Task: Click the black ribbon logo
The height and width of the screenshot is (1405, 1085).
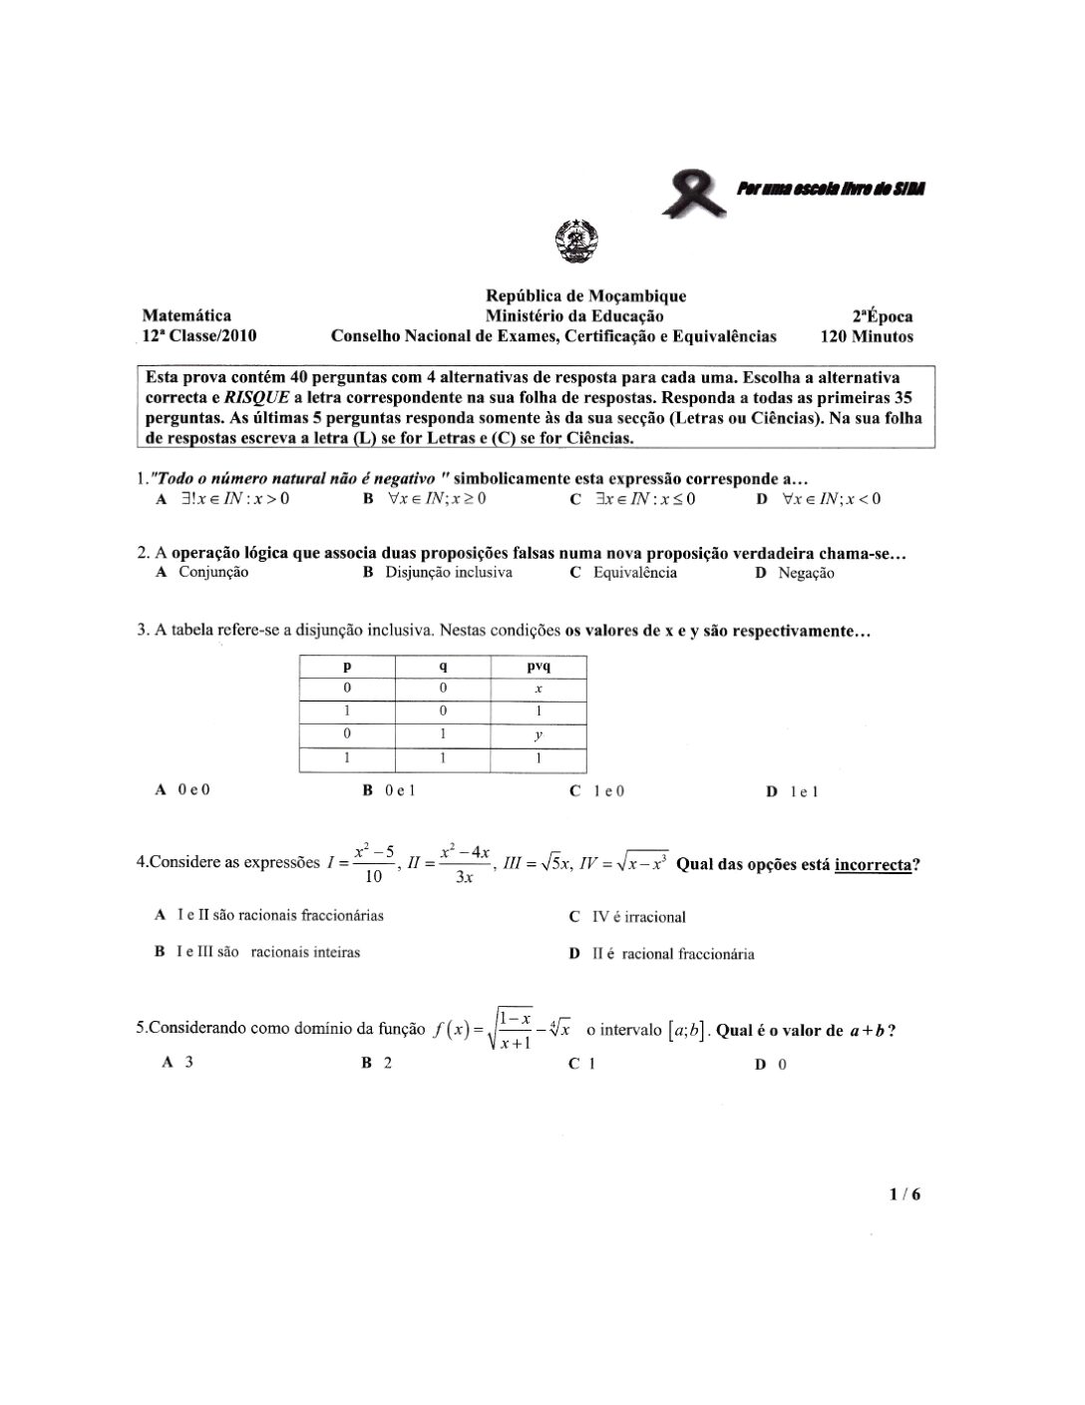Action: click(697, 193)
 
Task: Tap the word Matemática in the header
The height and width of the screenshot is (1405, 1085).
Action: click(186, 315)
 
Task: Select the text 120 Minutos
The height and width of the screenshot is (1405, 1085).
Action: click(866, 336)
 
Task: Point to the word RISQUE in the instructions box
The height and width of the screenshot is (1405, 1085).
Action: click(256, 396)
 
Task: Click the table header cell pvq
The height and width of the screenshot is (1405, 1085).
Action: click(538, 666)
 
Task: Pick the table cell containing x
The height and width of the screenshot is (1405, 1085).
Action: click(538, 689)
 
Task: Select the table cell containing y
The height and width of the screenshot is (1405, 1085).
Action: click(538, 735)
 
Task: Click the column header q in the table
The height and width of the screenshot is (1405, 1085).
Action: click(442, 666)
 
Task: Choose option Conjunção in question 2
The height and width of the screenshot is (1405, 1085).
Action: click(212, 573)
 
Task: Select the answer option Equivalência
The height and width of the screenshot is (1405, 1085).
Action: click(634, 573)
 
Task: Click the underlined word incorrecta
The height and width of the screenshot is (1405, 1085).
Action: click(873, 864)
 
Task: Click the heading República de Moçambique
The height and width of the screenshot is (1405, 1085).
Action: click(585, 295)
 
